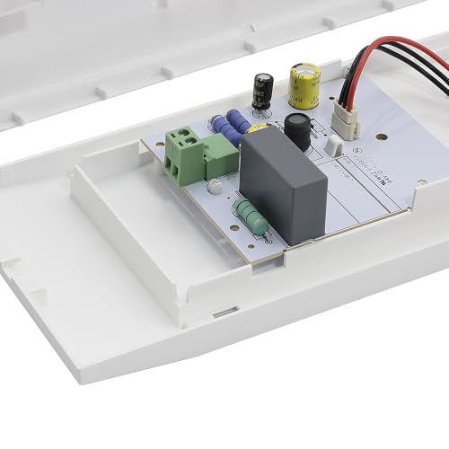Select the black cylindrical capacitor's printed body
(x=262, y=94)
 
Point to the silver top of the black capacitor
(x=262, y=78)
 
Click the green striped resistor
(x=251, y=217)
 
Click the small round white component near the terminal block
(x=215, y=187)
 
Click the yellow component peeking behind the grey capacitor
(x=255, y=128)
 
